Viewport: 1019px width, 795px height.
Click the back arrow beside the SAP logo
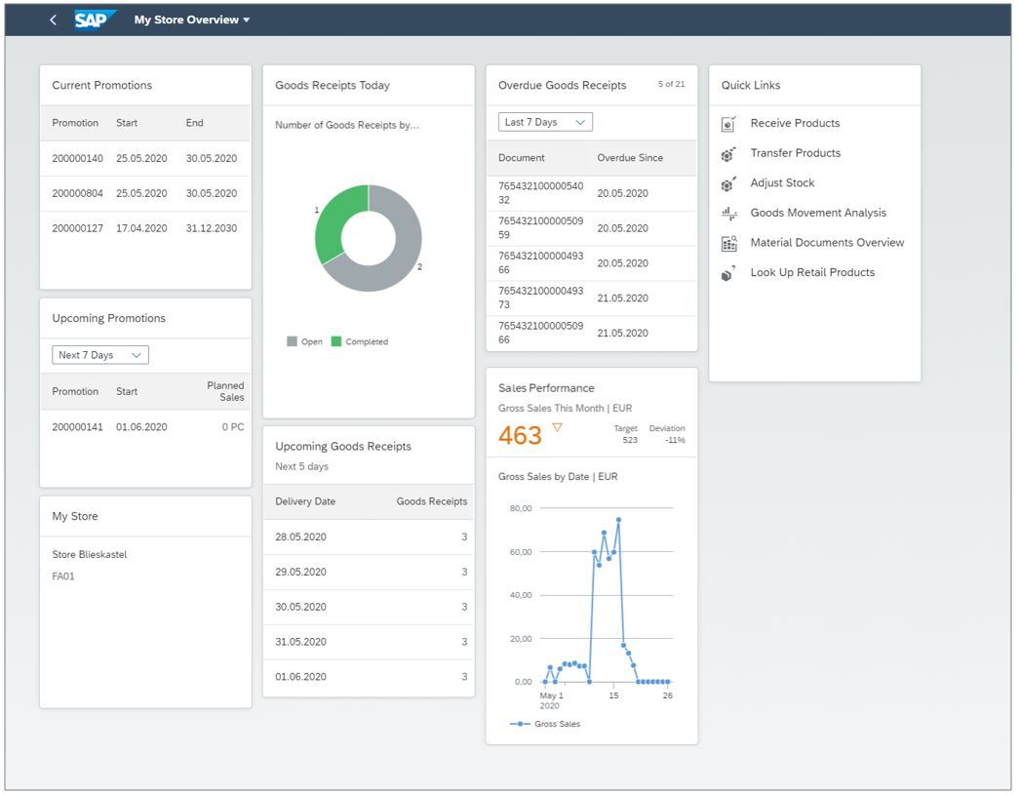point(53,20)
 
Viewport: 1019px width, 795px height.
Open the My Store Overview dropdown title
point(191,20)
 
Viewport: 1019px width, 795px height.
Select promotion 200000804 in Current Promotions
point(77,193)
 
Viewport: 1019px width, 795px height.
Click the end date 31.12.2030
point(212,228)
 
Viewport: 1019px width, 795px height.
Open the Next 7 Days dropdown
point(99,355)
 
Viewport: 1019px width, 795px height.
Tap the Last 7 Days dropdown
point(545,122)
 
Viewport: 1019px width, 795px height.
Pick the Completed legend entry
point(360,341)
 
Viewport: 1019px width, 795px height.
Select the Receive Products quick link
point(795,123)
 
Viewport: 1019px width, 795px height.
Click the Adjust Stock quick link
point(782,182)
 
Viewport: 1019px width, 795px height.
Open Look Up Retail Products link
point(812,272)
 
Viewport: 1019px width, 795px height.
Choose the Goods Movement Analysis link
point(818,213)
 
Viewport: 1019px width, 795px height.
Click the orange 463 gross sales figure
point(520,436)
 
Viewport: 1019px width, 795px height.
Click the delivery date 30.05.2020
point(300,607)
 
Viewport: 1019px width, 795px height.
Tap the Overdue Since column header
point(630,158)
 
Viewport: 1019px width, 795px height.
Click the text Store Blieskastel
point(90,554)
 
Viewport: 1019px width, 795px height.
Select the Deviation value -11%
point(675,440)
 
